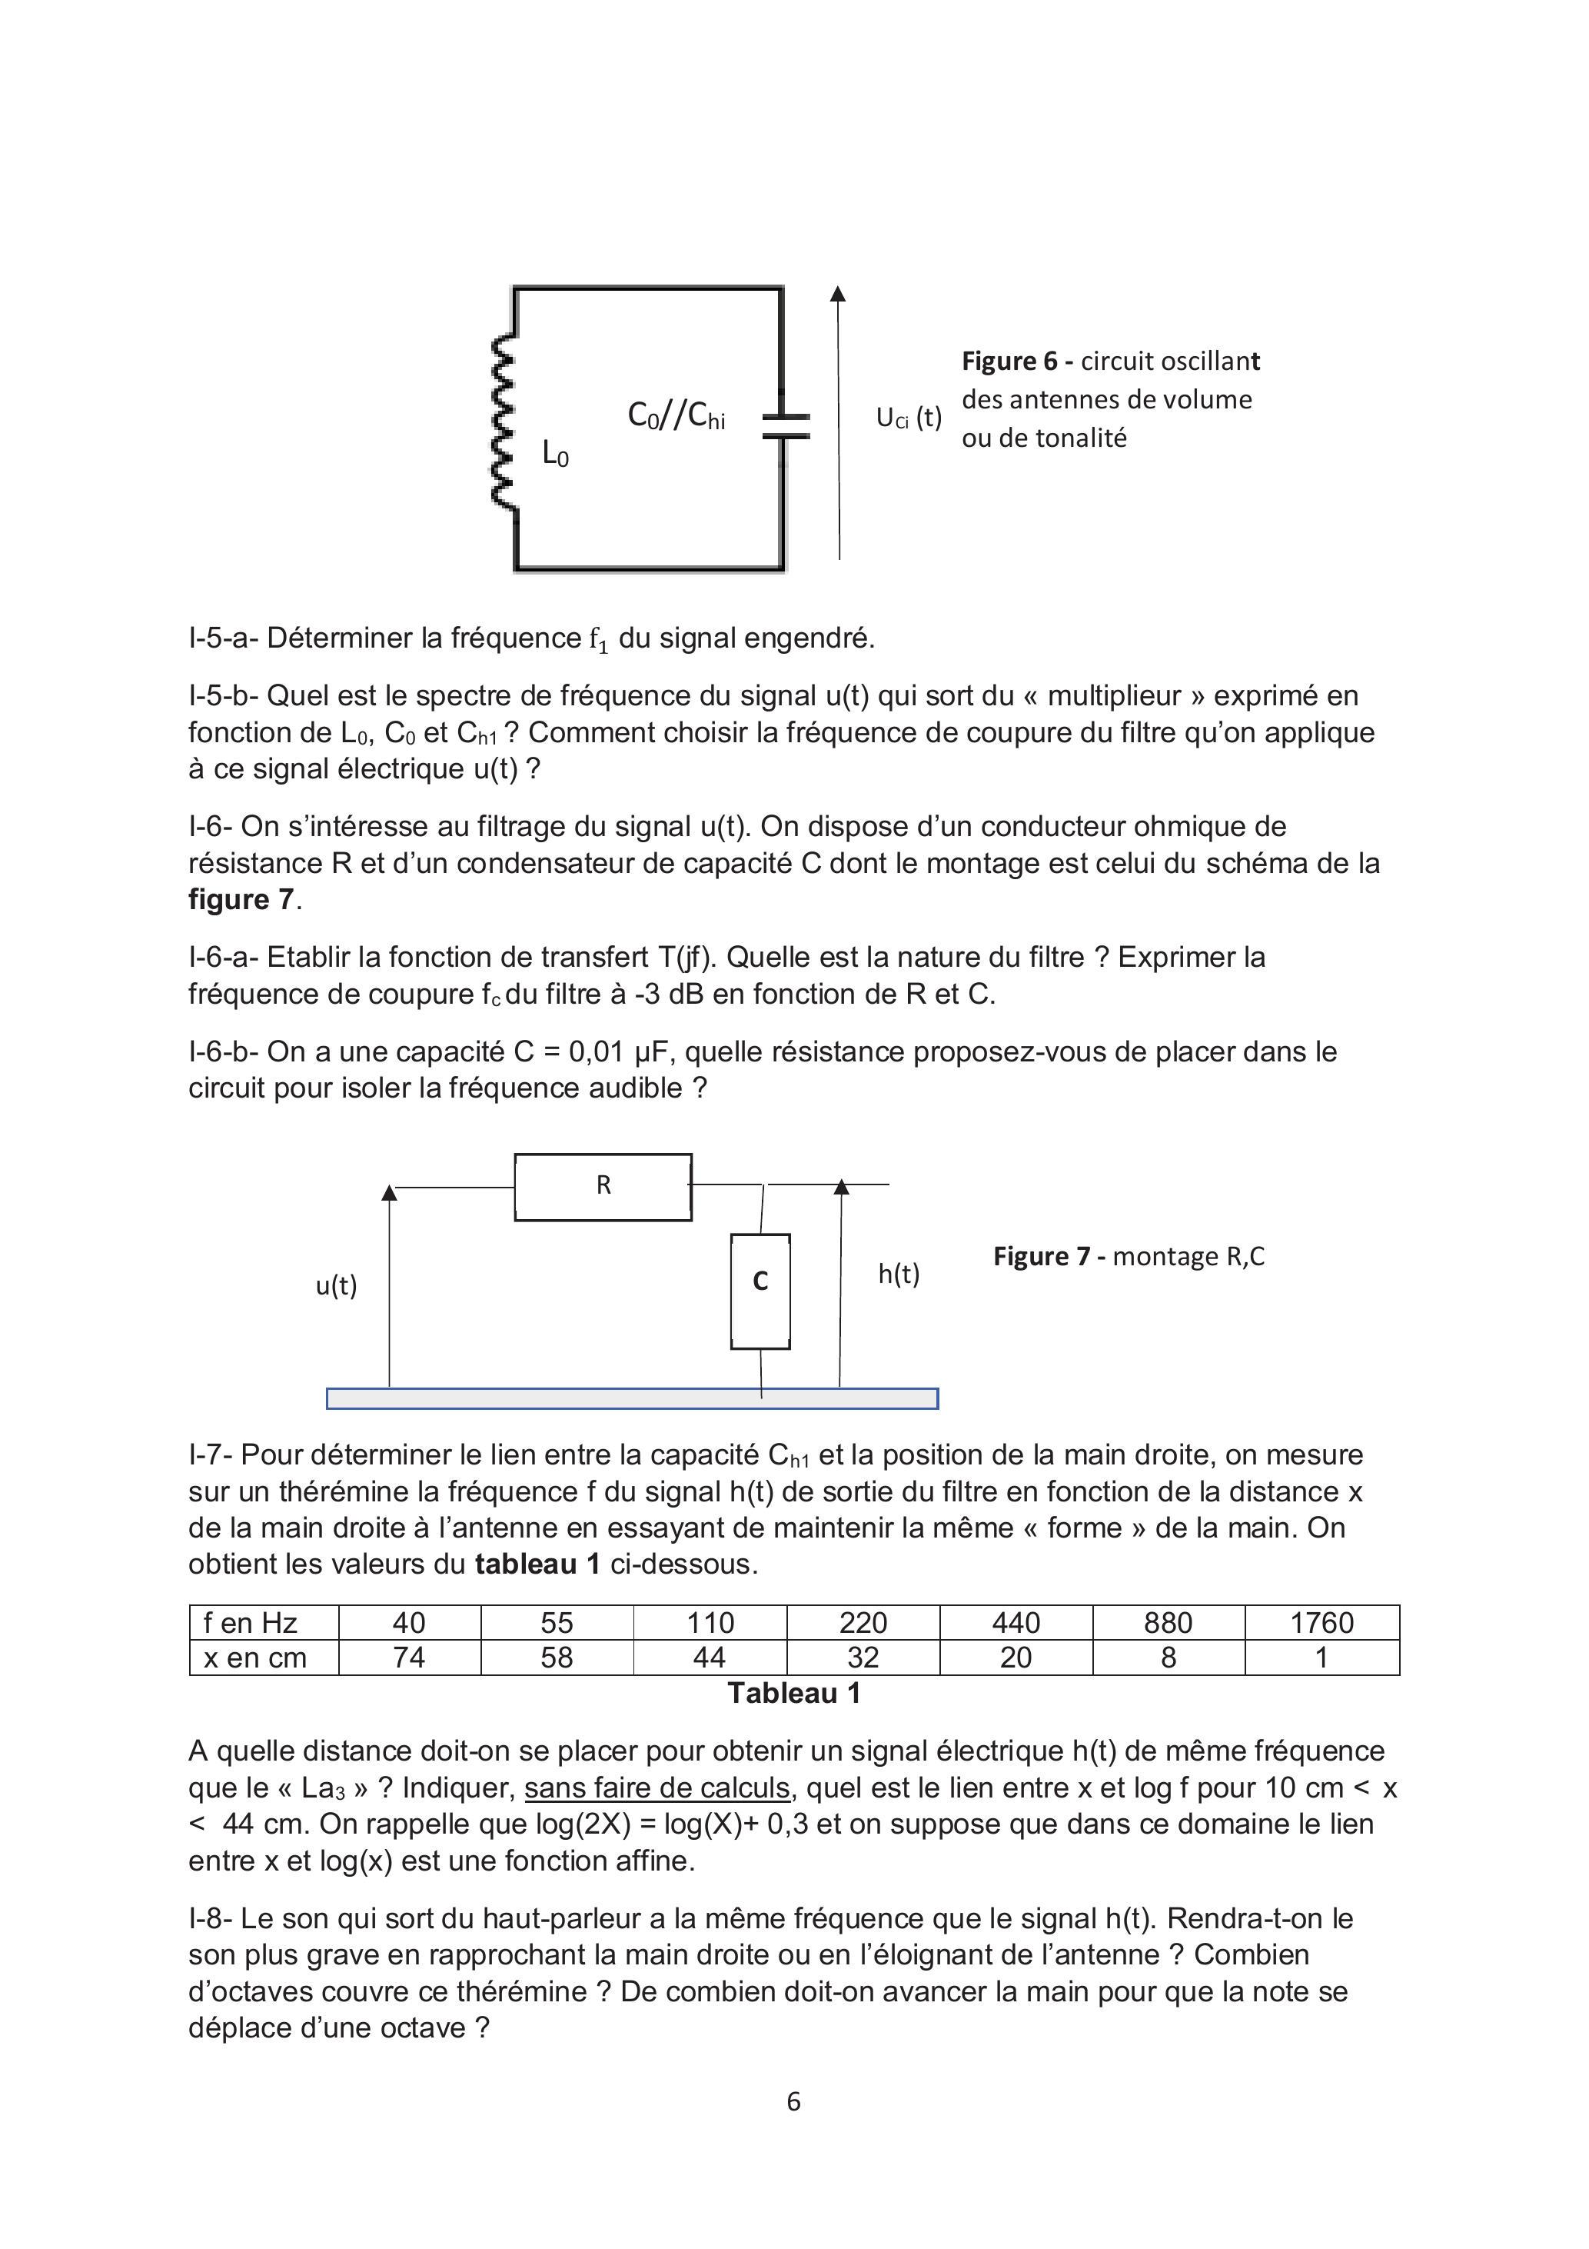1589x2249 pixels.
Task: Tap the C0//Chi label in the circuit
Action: (676, 416)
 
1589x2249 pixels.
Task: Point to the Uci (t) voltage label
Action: (908, 418)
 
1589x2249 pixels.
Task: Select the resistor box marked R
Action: (603, 1186)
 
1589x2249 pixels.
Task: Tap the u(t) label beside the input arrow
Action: (336, 1285)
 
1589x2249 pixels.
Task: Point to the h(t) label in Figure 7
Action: (899, 1274)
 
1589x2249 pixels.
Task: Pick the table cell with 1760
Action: (1321, 1623)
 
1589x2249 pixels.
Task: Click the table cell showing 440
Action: (1016, 1623)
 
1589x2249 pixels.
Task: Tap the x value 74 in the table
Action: (409, 1658)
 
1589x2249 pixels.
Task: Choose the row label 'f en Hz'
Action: (251, 1623)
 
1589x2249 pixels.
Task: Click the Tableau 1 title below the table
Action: (793, 1694)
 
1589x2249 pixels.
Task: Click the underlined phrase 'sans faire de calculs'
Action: (657, 1788)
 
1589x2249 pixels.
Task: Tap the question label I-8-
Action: (211, 1919)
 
